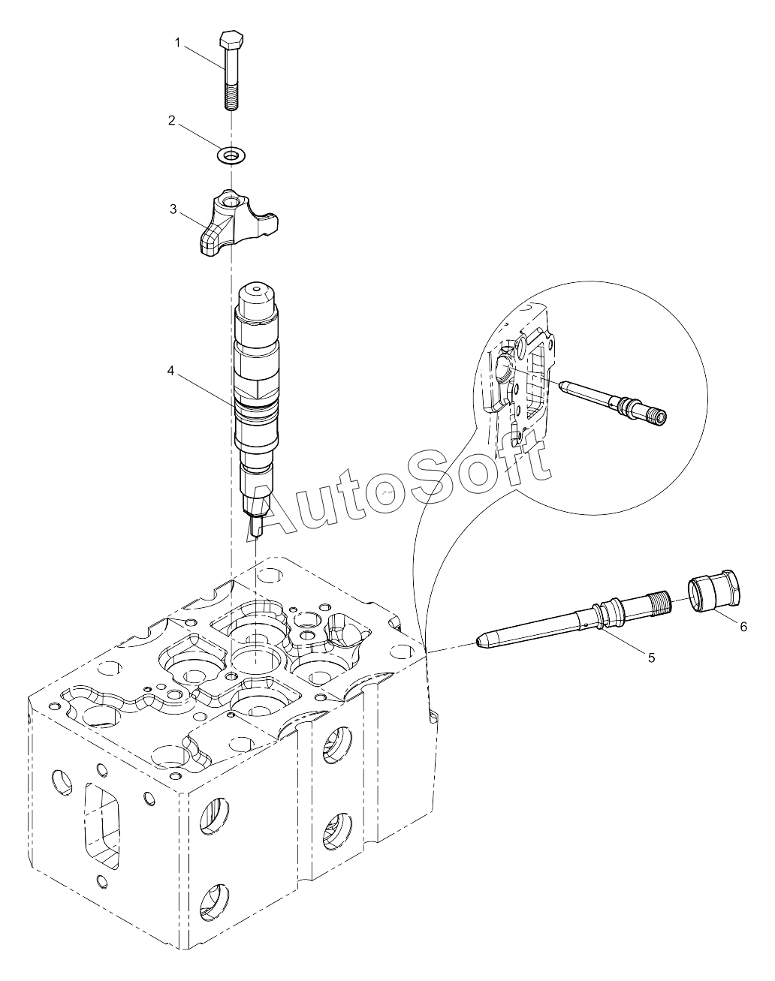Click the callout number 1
click(178, 43)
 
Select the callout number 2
click(172, 120)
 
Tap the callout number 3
click(173, 209)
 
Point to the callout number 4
click(171, 371)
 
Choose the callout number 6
click(743, 627)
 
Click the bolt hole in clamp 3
click(231, 200)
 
